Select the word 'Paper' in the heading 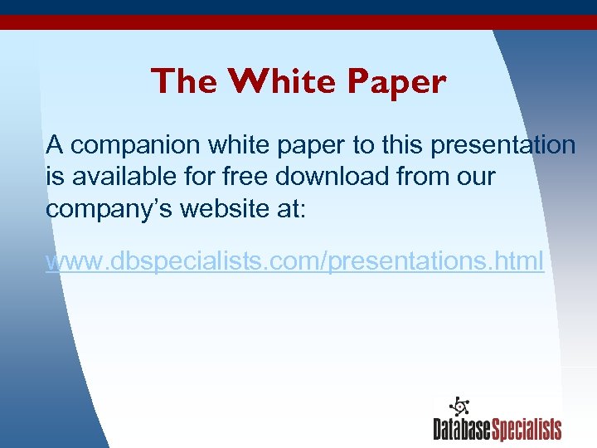pos(396,81)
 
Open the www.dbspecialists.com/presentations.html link pos(294,262)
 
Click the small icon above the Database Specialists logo pos(459,407)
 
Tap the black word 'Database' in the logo pos(462,429)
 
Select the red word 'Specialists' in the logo pos(527,429)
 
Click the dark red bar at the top pos(298,22)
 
